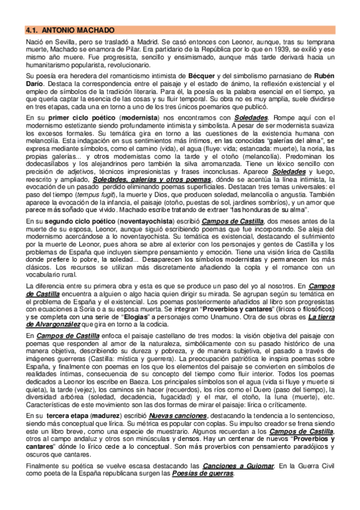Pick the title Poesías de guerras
click(203, 473)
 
